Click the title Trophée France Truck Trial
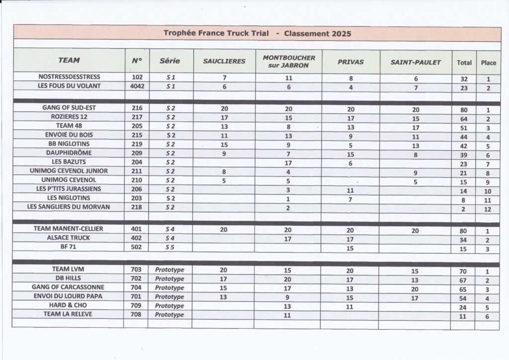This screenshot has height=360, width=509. coord(216,33)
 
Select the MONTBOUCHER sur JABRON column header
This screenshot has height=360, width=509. coord(289,61)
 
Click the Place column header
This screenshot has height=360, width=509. coord(488,63)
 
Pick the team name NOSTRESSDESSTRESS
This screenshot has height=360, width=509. coord(69,77)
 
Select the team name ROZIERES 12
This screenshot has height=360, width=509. coord(69,117)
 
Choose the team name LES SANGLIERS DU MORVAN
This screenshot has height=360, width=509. coord(69,207)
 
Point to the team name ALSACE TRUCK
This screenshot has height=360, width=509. coord(69,238)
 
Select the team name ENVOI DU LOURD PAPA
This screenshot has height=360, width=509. coord(69,296)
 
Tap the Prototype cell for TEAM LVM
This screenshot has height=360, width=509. coord(170,270)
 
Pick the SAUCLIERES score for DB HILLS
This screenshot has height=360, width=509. coord(224,279)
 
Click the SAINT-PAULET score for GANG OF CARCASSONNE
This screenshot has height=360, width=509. coord(416,289)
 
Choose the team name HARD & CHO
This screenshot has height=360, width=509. coord(69,305)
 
